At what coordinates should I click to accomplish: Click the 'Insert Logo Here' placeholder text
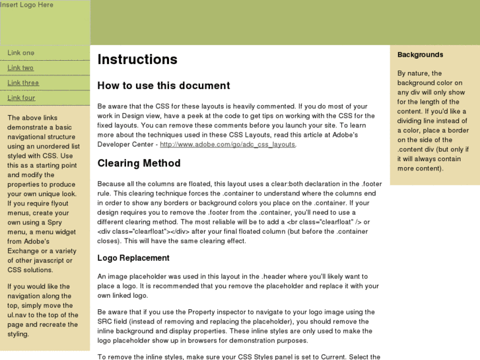pyautogui.click(x=26, y=5)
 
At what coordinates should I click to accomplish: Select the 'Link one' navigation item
pyautogui.click(x=21, y=53)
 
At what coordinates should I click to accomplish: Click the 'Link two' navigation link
pyautogui.click(x=20, y=68)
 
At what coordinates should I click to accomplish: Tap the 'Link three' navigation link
pyautogui.click(x=23, y=83)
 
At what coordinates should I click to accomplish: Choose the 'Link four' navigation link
pyautogui.click(x=21, y=98)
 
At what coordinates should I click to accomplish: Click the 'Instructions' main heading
pyautogui.click(x=137, y=59)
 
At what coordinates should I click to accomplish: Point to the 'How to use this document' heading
pyautogui.click(x=164, y=86)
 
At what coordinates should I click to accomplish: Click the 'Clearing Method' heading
pyautogui.click(x=139, y=163)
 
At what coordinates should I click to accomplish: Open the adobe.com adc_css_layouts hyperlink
pyautogui.click(x=228, y=144)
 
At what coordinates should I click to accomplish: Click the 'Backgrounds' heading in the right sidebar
pyautogui.click(x=420, y=55)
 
